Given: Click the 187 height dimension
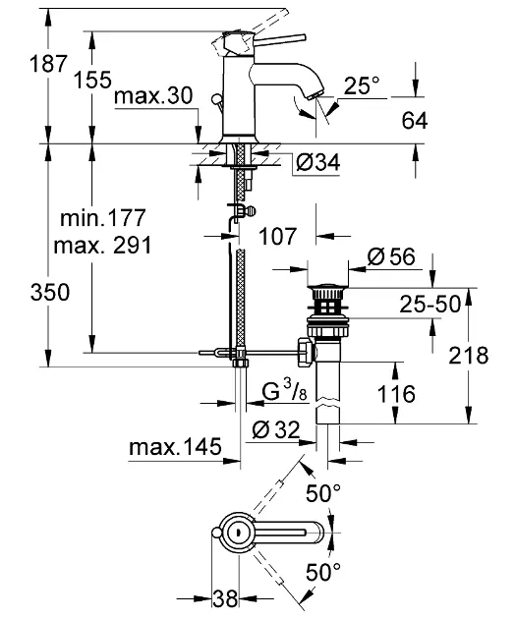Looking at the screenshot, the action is [x=48, y=64].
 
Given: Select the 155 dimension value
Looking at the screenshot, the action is [x=92, y=80].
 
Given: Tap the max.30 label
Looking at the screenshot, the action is [x=153, y=95].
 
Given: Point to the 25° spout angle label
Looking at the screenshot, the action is [x=362, y=84].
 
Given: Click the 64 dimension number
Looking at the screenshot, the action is [x=415, y=121].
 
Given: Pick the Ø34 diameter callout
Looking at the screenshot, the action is [x=317, y=162].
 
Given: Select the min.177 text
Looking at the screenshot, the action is [x=103, y=217].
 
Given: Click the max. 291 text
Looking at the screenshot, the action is [x=102, y=246].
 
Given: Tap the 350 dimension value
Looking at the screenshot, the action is [x=50, y=293].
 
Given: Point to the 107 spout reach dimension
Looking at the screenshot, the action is [x=277, y=236].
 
